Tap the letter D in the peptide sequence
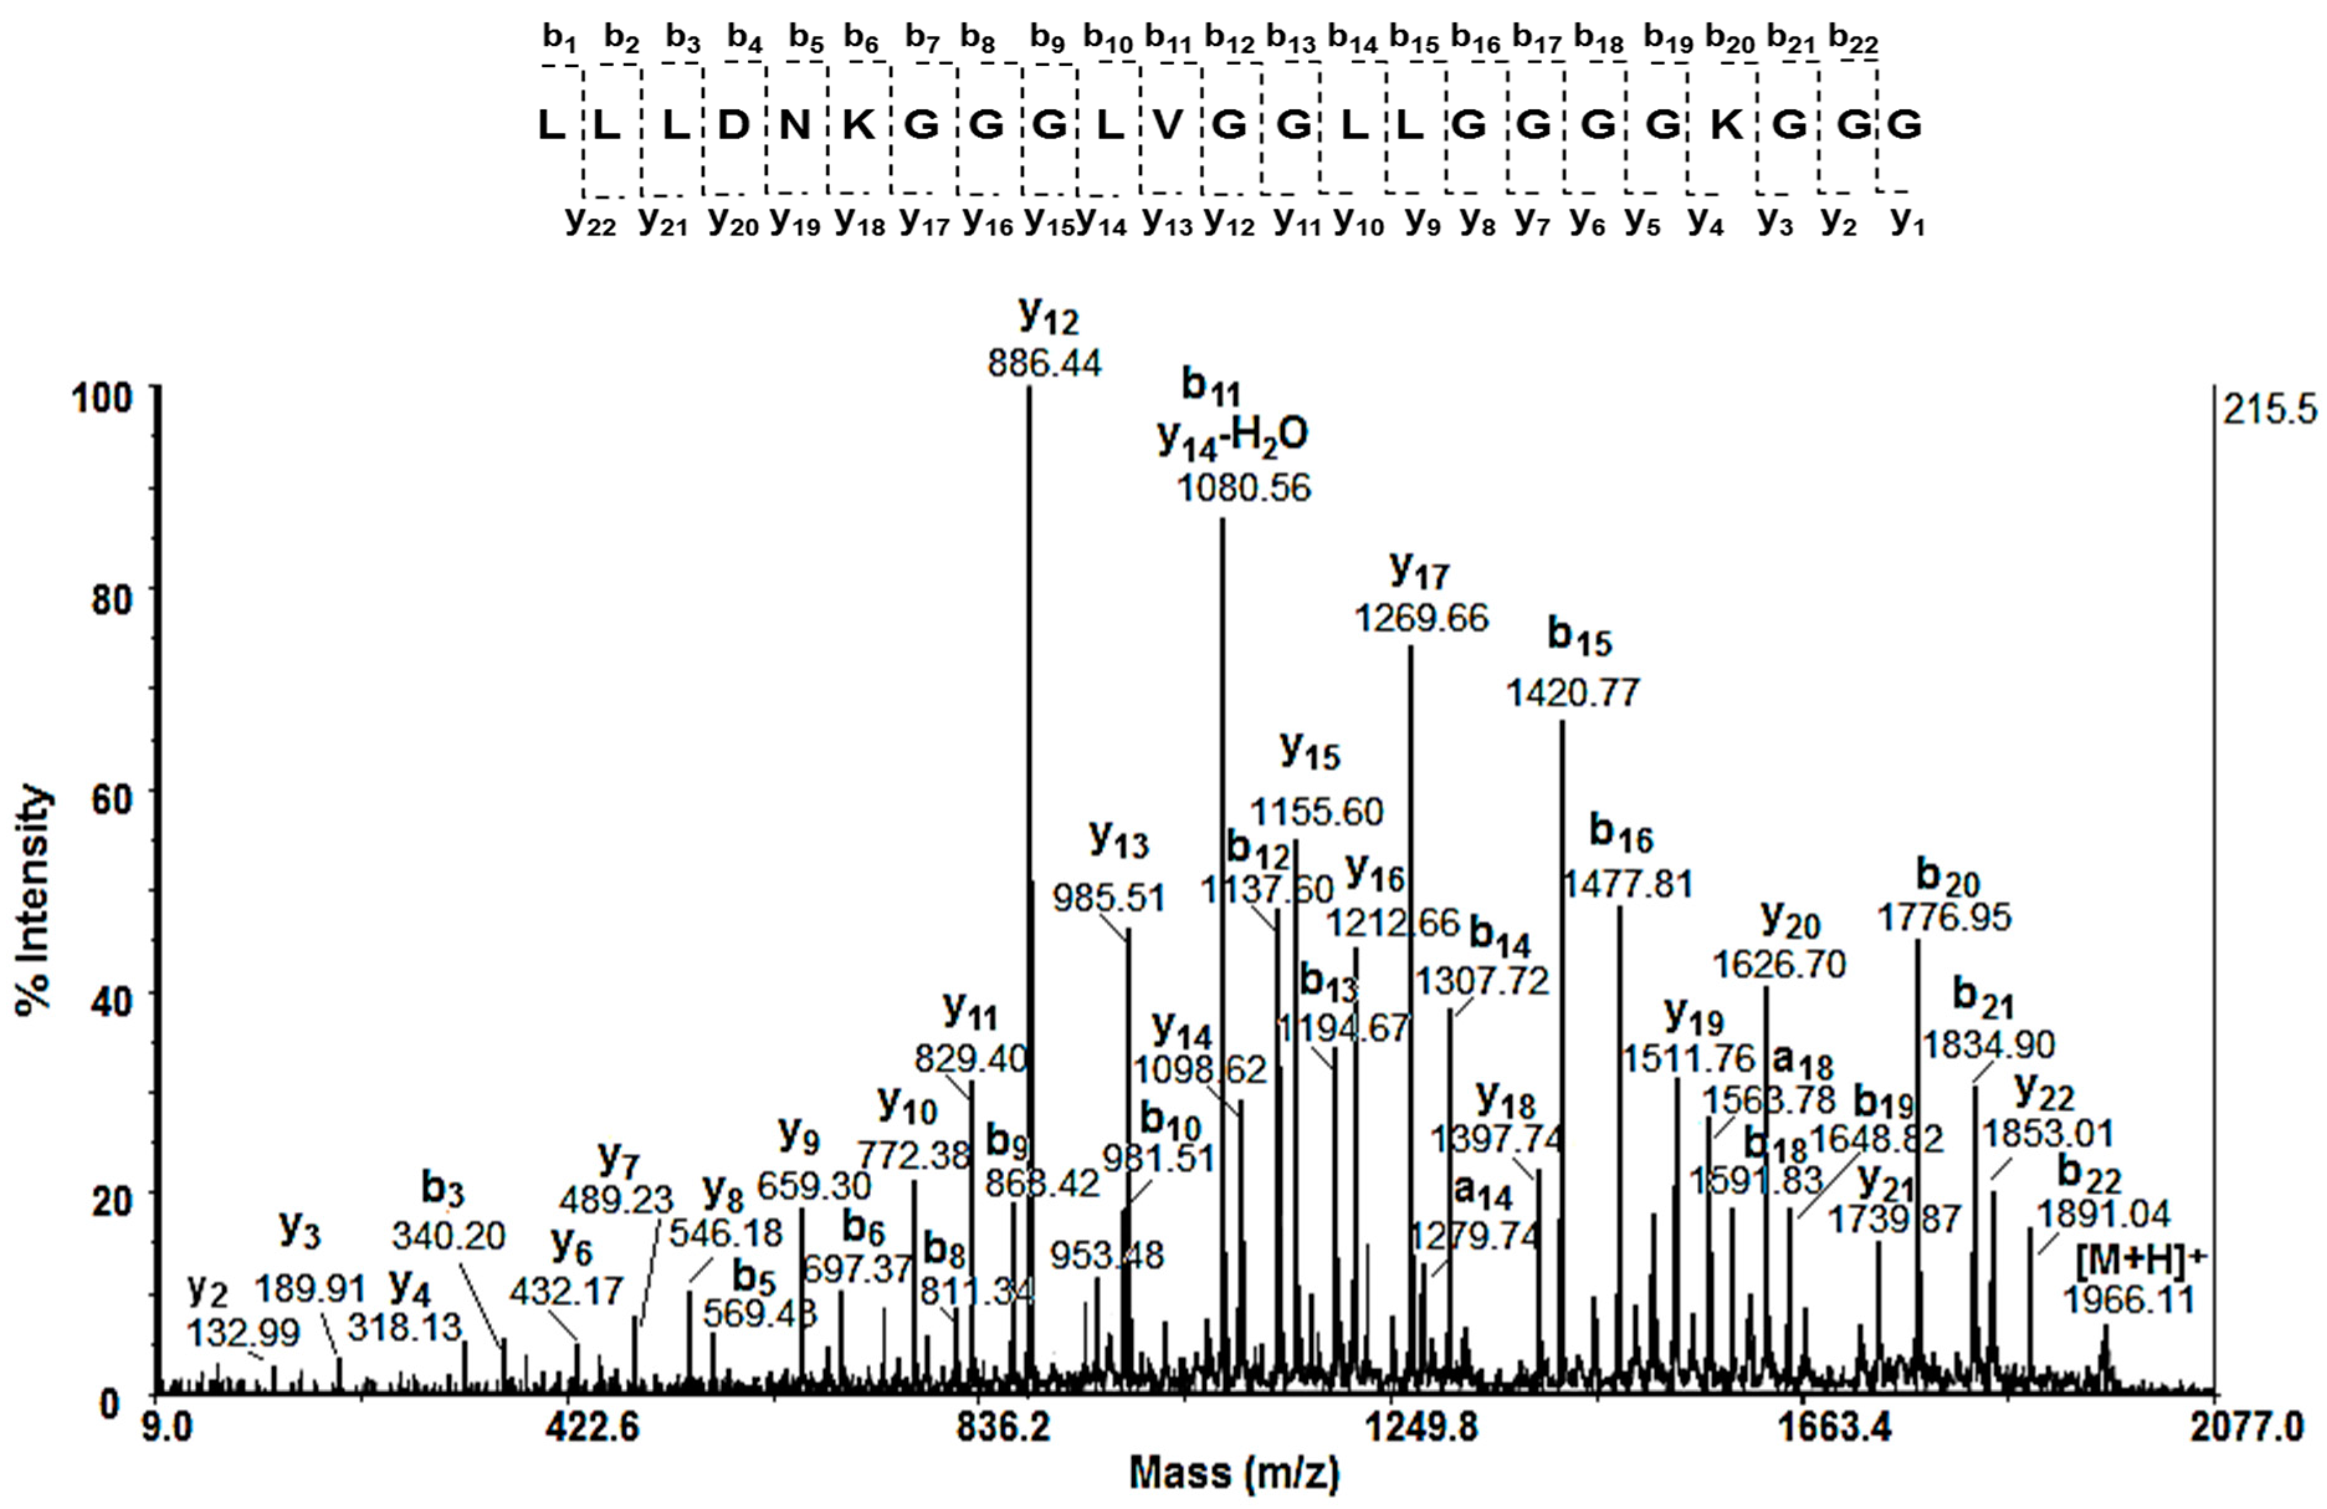[x=733, y=125]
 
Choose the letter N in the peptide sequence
[x=796, y=125]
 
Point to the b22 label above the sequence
[x=1853, y=40]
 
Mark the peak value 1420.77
[x=1572, y=693]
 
